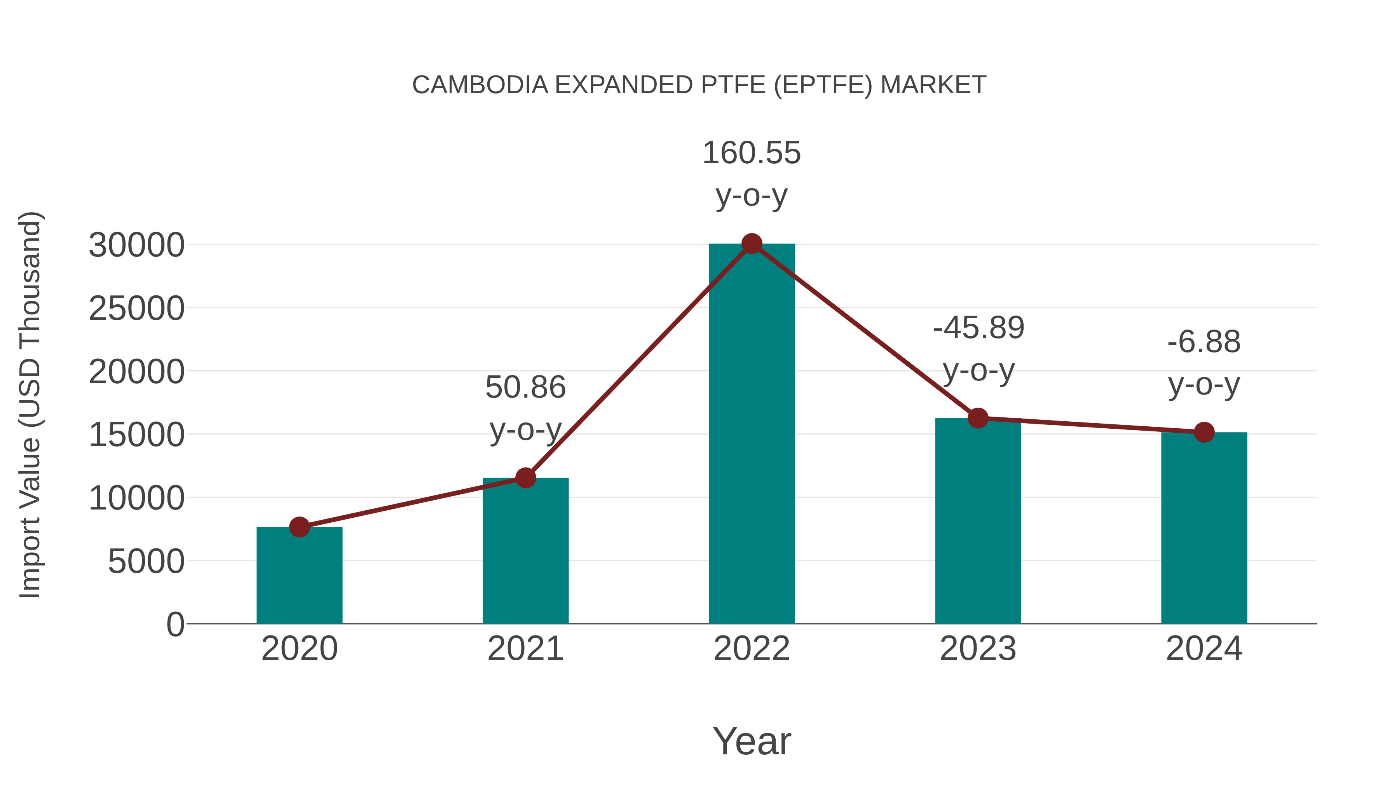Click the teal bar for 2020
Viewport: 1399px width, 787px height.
point(299,576)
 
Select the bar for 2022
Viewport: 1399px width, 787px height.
point(752,435)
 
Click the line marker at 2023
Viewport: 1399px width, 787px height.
point(978,418)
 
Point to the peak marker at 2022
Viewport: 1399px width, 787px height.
point(752,244)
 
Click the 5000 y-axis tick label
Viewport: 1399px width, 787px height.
point(146,562)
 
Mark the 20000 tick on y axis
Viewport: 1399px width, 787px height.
point(136,372)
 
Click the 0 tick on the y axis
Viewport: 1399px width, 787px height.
point(175,625)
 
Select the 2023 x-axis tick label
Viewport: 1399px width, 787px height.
point(978,649)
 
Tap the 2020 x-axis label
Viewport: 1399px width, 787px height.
point(299,649)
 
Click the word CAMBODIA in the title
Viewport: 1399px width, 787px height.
point(480,85)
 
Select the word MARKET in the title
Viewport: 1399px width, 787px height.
point(933,85)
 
